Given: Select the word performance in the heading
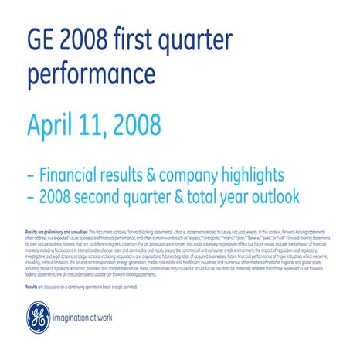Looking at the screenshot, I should [x=90, y=75].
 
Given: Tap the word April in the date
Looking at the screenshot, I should [x=55, y=124].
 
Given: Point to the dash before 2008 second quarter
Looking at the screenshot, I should [x=31, y=198].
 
